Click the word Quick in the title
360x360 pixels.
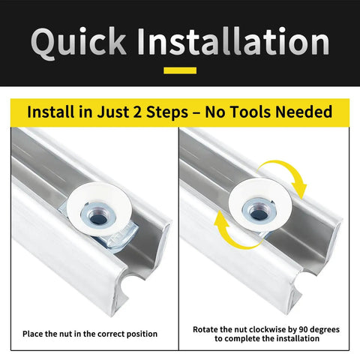[x=79, y=43]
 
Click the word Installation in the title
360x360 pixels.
[x=233, y=41]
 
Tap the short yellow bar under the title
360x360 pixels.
[x=180, y=70]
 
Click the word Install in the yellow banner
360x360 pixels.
[x=51, y=112]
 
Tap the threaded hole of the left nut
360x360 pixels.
[x=99, y=218]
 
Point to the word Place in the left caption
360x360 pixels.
[x=32, y=334]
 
